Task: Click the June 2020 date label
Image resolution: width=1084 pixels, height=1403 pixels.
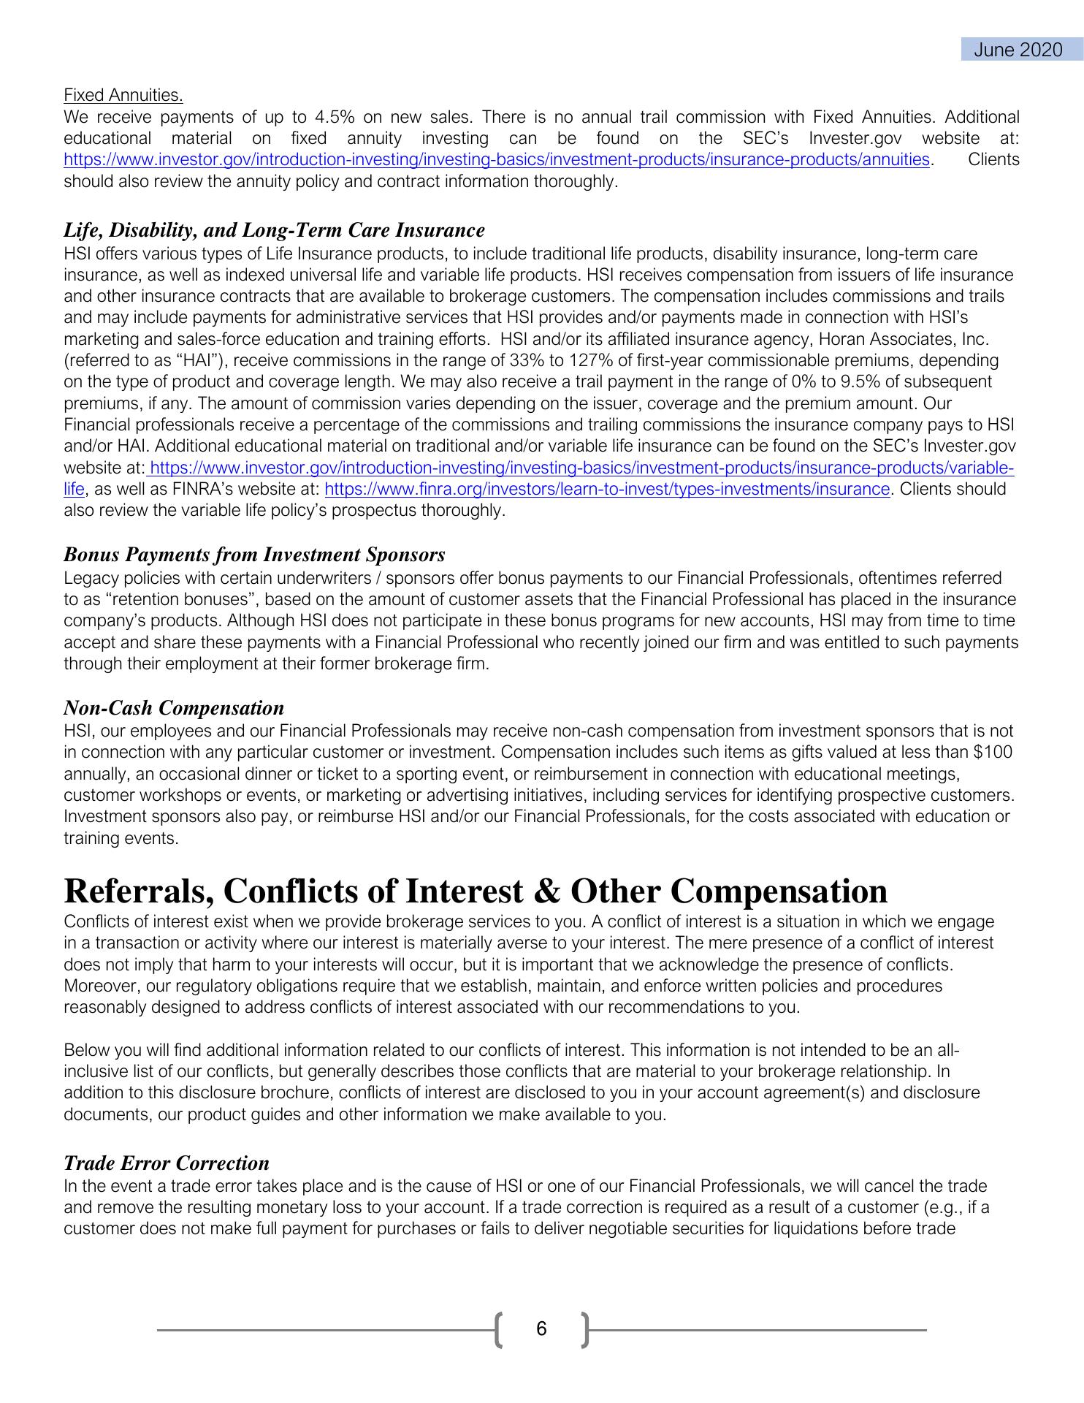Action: tap(1018, 50)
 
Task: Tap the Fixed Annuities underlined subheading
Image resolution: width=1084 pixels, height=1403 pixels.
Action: tap(123, 95)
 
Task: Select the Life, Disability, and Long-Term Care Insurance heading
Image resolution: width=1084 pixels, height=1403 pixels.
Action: tap(274, 230)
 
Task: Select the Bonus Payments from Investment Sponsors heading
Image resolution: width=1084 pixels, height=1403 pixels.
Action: tap(254, 555)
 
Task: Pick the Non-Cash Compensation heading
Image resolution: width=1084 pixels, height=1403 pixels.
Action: tap(174, 707)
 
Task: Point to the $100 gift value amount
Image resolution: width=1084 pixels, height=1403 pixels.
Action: tap(993, 753)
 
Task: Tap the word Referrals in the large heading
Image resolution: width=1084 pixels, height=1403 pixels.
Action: tap(137, 891)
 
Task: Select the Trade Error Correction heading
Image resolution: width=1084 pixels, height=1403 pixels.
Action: tap(167, 1163)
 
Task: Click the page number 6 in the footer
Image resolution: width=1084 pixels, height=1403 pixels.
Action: tap(541, 1328)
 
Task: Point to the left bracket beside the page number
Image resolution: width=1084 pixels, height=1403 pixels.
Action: tap(499, 1329)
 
